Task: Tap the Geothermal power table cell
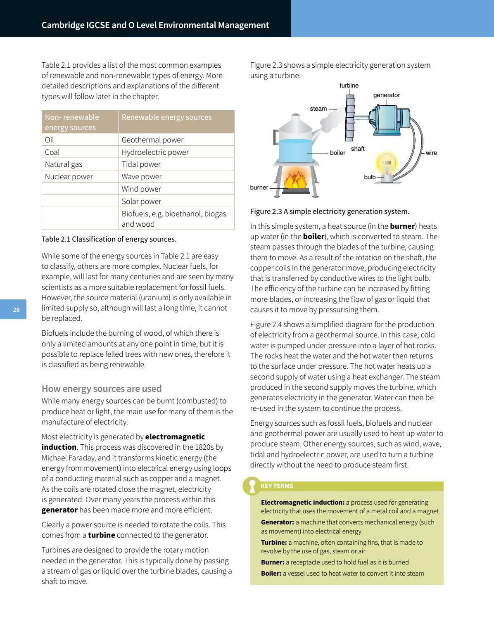tap(176, 140)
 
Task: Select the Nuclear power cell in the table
tap(80, 176)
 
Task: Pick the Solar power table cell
tap(176, 201)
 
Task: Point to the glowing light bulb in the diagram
tap(387, 164)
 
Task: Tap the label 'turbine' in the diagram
tap(349, 85)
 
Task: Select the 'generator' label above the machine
tap(386, 95)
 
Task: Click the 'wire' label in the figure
tap(431, 153)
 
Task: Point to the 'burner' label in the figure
tap(259, 187)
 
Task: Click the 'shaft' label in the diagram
tap(358, 149)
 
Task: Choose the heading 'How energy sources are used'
tap(102, 389)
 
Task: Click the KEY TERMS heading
tap(277, 486)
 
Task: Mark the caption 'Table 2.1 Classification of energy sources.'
tap(109, 239)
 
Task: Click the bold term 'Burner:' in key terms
tap(273, 562)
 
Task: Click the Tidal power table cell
tap(176, 164)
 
